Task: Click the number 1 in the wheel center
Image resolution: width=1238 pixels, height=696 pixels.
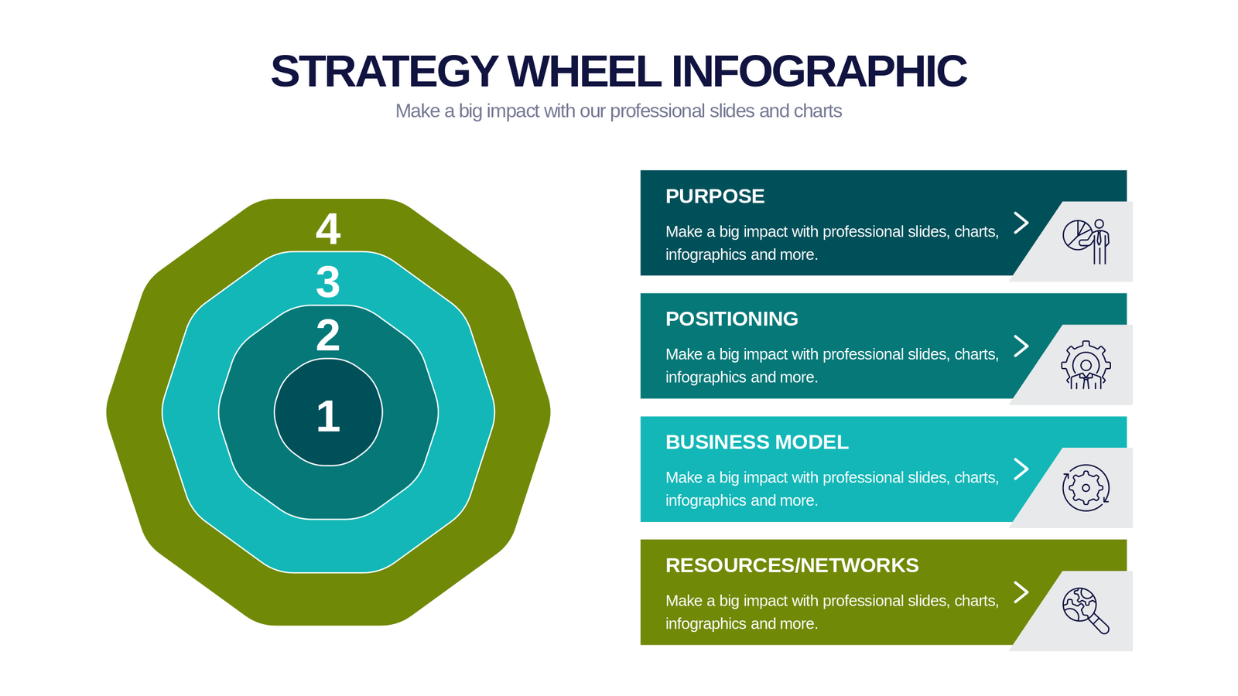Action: click(328, 416)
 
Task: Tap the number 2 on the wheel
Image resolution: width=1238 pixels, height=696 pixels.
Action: click(328, 336)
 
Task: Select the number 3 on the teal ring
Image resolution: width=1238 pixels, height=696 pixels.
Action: click(328, 282)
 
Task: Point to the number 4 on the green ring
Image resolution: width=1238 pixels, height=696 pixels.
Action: click(328, 229)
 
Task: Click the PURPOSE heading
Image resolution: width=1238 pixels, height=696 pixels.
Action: click(715, 196)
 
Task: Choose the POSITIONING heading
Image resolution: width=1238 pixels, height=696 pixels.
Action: click(732, 319)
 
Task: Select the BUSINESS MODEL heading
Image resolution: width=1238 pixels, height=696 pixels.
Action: click(757, 442)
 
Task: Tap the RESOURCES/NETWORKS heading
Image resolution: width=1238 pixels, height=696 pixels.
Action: click(792, 565)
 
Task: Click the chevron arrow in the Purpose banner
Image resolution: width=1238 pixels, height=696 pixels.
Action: click(1021, 223)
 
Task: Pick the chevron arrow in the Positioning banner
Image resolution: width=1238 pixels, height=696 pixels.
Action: click(1021, 346)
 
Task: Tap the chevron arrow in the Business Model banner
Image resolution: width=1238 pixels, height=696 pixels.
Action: click(1021, 469)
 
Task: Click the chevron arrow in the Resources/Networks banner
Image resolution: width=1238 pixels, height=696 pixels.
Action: click(1021, 592)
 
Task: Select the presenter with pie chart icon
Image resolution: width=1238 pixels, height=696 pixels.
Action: click(1086, 241)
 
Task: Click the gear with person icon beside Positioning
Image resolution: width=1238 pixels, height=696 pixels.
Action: click(1086, 364)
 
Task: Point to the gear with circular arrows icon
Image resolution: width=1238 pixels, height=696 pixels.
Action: click(1086, 488)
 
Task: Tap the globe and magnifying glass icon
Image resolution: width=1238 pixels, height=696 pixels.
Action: click(1086, 611)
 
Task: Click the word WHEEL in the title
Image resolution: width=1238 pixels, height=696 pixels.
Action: click(584, 71)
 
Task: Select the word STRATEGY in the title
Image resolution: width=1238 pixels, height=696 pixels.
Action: click(385, 71)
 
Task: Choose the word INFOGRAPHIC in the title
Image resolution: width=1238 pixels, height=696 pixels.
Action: click(819, 71)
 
